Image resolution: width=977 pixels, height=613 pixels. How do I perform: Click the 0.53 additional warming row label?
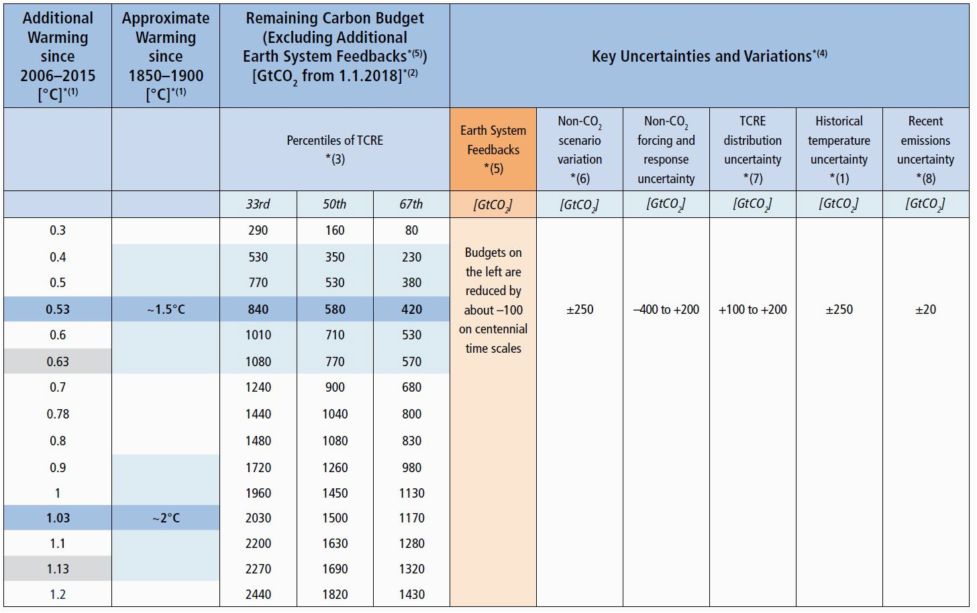pyautogui.click(x=58, y=309)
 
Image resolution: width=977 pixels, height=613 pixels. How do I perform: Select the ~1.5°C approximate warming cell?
pyautogui.click(x=166, y=309)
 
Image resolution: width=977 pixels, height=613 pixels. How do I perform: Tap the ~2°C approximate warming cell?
pyautogui.click(x=166, y=518)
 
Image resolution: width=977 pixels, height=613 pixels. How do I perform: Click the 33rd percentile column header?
pyautogui.click(x=258, y=204)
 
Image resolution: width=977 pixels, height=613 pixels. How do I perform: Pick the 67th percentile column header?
pyautogui.click(x=411, y=204)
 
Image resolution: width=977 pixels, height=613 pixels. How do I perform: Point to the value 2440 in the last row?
pyautogui.click(x=258, y=594)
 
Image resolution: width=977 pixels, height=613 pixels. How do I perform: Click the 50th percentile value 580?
pyautogui.click(x=335, y=309)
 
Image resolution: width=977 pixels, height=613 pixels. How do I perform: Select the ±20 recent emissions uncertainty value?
pyautogui.click(x=925, y=309)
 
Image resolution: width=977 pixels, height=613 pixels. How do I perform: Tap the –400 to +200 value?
pyautogui.click(x=666, y=309)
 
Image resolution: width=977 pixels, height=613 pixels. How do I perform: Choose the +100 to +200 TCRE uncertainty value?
pyautogui.click(x=752, y=309)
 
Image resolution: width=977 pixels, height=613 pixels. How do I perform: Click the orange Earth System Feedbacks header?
pyautogui.click(x=493, y=149)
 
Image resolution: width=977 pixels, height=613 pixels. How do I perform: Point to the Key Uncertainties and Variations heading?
pyautogui.click(x=709, y=56)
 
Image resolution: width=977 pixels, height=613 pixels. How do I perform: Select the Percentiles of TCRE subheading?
pyautogui.click(x=335, y=149)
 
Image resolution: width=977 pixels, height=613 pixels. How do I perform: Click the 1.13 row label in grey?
pyautogui.click(x=58, y=569)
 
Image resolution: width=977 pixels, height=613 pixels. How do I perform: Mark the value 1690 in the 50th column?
pyautogui.click(x=335, y=569)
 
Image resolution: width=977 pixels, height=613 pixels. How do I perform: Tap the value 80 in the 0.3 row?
pyautogui.click(x=411, y=230)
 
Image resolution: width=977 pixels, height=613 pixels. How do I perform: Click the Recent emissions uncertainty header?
pyautogui.click(x=925, y=149)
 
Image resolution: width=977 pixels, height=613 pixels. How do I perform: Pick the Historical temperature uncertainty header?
pyautogui.click(x=839, y=149)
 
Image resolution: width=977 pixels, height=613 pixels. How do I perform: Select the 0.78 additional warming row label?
pyautogui.click(x=58, y=414)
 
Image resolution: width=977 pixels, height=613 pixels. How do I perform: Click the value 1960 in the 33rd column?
pyautogui.click(x=258, y=493)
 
